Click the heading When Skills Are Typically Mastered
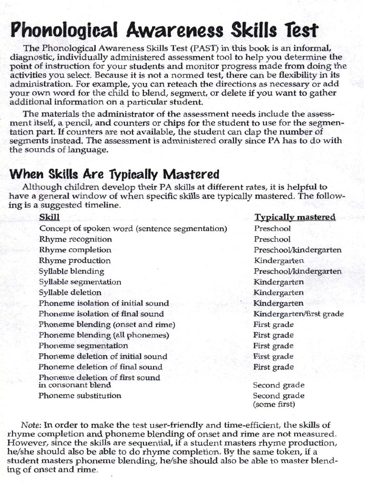pos(115,174)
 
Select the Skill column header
pos(49,217)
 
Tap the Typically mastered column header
pos(295,217)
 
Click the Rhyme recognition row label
pos(76,239)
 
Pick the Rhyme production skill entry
pos(75,261)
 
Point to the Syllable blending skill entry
pos(71,271)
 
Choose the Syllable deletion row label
pos(70,292)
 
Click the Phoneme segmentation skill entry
pos(83,346)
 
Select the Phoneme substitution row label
pos(80,396)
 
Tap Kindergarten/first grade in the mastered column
pos(298,314)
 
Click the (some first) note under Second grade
pos(274,405)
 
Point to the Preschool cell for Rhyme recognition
pos(272,239)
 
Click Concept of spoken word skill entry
pos(133,229)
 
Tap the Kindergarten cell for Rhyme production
pos(279,261)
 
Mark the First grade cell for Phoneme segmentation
pos(273,346)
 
